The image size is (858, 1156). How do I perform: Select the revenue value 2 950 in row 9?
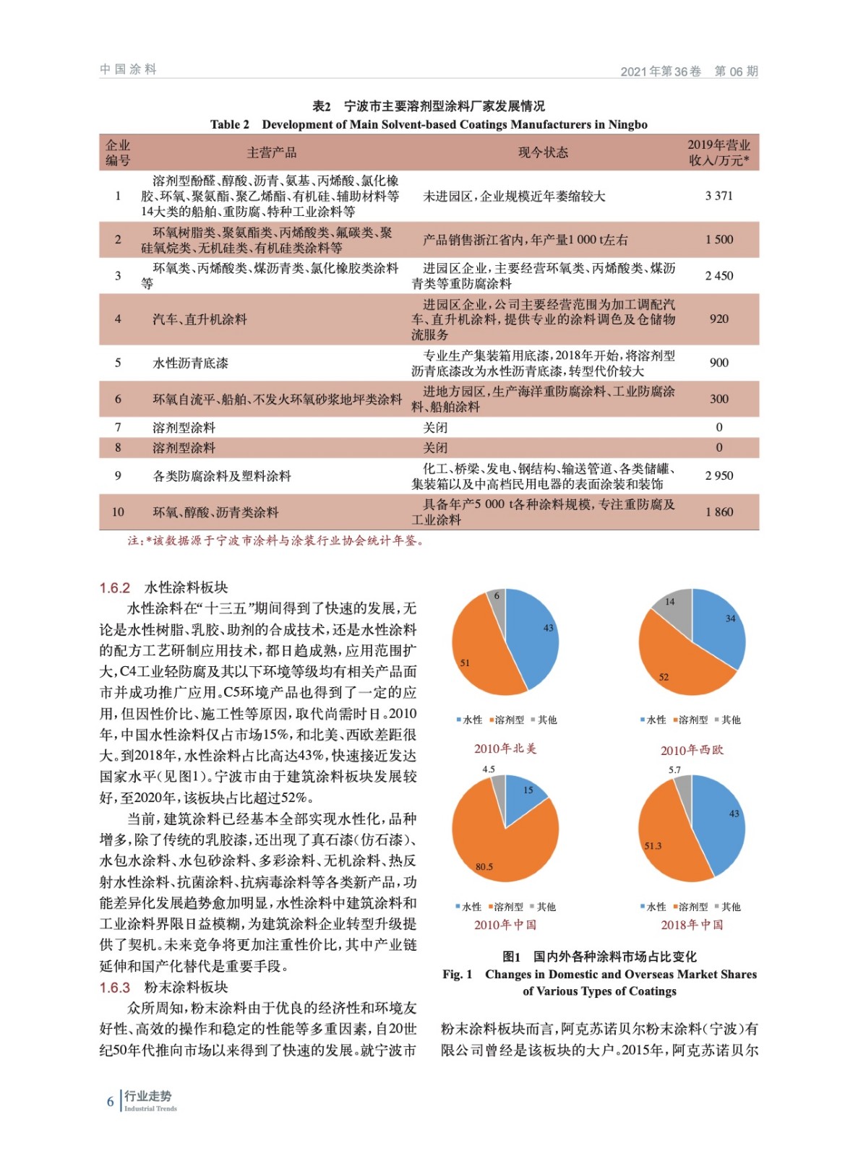click(718, 475)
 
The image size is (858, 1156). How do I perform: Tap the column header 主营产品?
click(271, 152)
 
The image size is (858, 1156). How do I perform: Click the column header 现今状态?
click(542, 152)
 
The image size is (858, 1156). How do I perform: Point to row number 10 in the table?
click(118, 512)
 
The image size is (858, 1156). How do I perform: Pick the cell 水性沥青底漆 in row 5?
click(190, 363)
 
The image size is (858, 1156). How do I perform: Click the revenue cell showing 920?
click(718, 319)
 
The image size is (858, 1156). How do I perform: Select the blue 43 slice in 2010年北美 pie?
click(535, 636)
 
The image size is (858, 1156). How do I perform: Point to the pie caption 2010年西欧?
click(692, 750)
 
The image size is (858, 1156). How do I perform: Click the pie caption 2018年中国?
click(692, 925)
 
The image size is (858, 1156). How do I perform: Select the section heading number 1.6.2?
click(115, 588)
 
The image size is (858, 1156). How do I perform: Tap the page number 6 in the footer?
click(111, 1101)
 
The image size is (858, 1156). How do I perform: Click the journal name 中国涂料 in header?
click(129, 69)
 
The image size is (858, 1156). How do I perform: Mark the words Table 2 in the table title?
click(230, 124)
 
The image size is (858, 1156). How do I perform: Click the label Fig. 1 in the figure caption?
click(457, 975)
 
